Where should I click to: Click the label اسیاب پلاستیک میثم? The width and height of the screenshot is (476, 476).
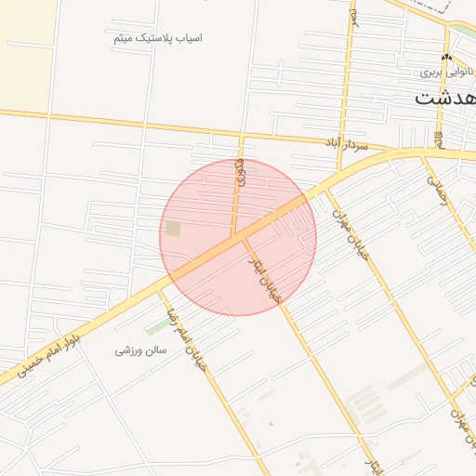[x=158, y=38]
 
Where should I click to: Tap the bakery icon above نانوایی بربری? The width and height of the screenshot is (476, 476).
[x=447, y=58]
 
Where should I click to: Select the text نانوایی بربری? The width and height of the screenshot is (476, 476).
[x=445, y=71]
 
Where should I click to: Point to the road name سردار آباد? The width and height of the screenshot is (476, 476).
[x=346, y=145]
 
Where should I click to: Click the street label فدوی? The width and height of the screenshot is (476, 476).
[x=242, y=172]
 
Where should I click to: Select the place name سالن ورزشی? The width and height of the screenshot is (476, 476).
[x=139, y=350]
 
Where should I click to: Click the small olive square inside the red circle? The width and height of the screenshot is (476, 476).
[x=173, y=228]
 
